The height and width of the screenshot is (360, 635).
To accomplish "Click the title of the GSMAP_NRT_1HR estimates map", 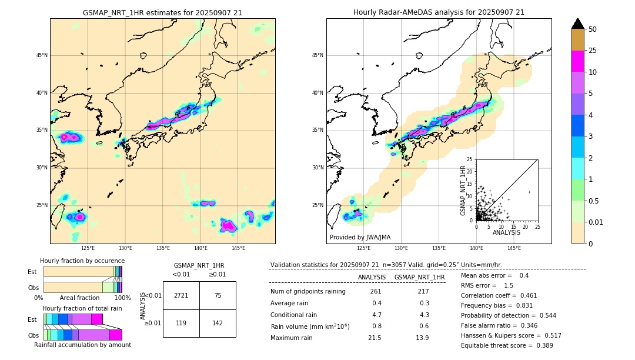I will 162,12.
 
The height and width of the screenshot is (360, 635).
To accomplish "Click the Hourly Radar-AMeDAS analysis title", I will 439,12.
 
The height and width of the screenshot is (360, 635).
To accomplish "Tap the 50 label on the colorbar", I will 593,29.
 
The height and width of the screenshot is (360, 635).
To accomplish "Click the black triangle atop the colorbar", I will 578,24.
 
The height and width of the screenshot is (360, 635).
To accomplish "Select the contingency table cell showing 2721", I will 181,295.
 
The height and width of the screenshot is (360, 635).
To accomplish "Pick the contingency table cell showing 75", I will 218,295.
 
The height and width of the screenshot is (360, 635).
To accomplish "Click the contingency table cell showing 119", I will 181,323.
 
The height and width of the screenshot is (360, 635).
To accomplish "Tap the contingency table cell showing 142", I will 218,323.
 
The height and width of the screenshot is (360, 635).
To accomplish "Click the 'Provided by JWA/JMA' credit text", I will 360,237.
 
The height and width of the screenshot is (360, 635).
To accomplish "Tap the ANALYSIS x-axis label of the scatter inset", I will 506,232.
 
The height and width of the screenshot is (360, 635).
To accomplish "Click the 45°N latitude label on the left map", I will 42,55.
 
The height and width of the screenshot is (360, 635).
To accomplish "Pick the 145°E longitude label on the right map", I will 514,248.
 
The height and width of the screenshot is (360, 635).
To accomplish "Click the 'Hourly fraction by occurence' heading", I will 82,261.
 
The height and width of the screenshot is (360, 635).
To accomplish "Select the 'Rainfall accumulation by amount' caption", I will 82,345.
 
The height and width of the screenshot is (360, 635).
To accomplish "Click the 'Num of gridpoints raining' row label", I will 308,292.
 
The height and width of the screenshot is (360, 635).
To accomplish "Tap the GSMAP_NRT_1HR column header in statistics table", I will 419,277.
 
